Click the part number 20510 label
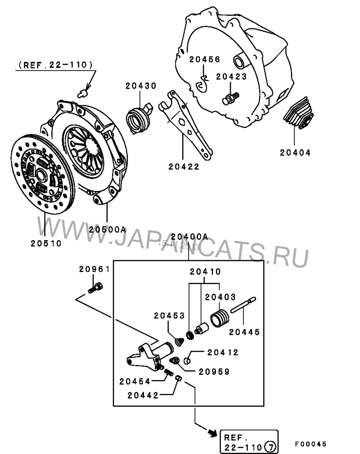coord(46,243)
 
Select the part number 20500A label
coord(107,229)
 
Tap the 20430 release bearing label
coord(140,86)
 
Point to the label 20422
coord(184,166)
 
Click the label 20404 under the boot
coord(295,153)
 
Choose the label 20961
coord(94,269)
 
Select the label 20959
coord(214,372)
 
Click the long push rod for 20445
coord(243,304)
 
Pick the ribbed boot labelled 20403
coord(221,318)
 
